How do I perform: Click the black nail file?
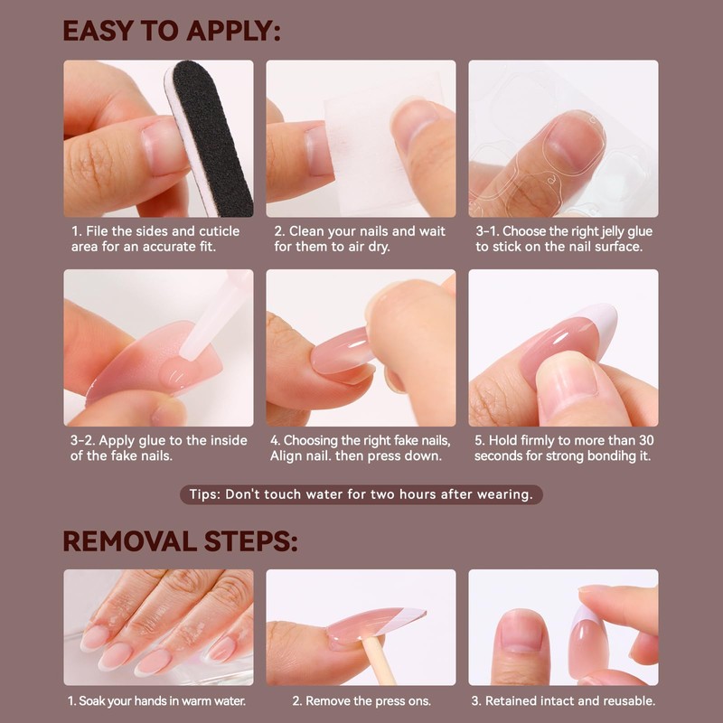pos(211,136)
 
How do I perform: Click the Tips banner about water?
pos(361,494)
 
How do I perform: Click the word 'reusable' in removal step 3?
pos(625,700)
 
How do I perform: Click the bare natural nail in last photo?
pos(521,633)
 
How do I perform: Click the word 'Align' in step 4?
pos(289,456)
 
